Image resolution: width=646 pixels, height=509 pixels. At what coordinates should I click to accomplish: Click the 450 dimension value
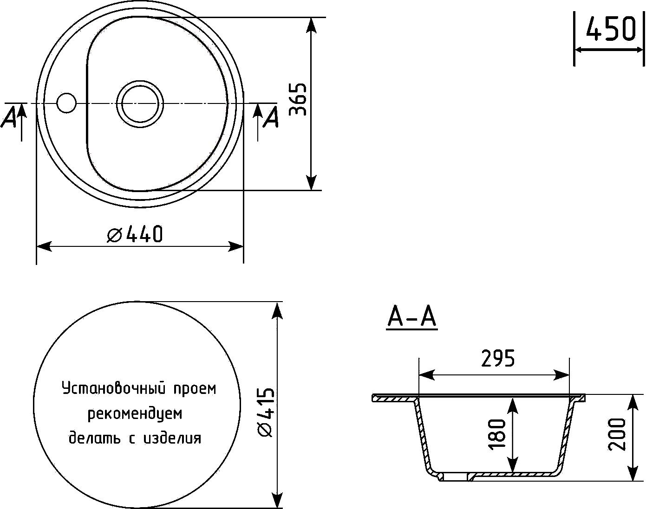(611, 29)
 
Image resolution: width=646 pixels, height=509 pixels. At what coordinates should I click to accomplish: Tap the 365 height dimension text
(298, 99)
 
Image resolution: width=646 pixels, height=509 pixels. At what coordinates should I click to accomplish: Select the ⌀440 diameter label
(135, 234)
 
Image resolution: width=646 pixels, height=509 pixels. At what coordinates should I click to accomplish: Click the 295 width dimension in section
(498, 358)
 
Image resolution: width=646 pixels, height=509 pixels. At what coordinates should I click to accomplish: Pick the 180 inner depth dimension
(497, 434)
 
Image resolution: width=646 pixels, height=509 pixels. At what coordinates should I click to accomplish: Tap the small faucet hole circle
(66, 103)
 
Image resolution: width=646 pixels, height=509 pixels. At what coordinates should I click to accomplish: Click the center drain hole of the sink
(140, 104)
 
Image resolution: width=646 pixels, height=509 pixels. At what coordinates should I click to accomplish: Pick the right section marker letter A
(271, 117)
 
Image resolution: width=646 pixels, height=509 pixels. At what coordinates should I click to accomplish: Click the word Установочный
(114, 388)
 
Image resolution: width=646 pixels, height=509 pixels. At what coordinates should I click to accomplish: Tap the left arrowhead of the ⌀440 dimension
(44, 246)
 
